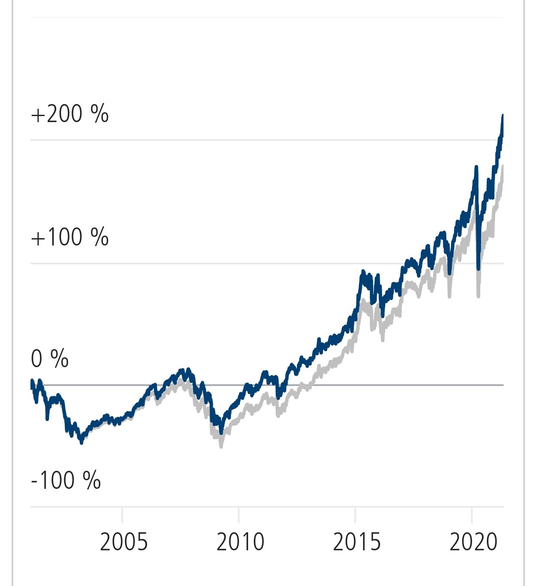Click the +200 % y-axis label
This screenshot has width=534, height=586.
coord(70,114)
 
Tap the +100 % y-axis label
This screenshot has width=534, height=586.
coord(70,237)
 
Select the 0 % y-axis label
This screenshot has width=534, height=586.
coord(49,359)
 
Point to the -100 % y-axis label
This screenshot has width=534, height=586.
coord(66,480)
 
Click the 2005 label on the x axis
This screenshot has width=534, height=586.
coord(124,542)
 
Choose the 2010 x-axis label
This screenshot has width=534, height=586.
coord(240,542)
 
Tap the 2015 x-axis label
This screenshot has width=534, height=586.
coord(357,542)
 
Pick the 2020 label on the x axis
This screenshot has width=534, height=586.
coord(473,542)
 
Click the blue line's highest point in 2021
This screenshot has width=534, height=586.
coord(503,115)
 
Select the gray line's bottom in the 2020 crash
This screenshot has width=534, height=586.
coord(478,296)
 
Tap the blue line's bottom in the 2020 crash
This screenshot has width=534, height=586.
coord(479,270)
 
